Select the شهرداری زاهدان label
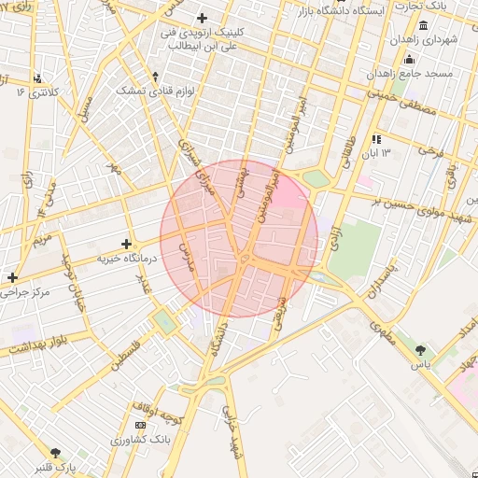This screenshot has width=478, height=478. (424, 40)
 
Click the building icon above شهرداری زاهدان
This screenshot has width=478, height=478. (424, 25)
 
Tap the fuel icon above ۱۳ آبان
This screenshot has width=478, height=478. (377, 139)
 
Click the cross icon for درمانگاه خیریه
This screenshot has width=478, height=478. (127, 244)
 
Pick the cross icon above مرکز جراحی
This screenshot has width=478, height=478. (12, 277)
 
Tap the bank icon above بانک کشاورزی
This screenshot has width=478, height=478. (140, 425)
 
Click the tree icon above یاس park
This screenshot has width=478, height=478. (421, 349)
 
